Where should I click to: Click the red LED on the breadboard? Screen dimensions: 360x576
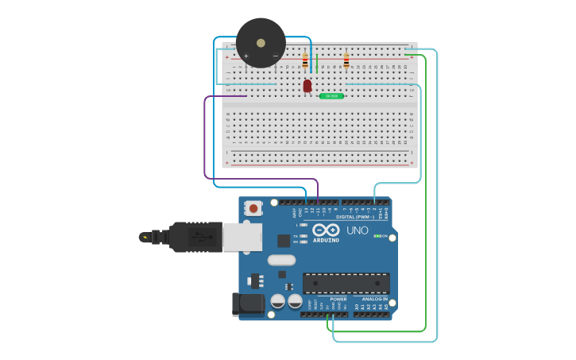point(307,85)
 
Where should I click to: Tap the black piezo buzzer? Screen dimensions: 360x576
point(261,42)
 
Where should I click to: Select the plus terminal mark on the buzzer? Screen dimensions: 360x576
point(246,56)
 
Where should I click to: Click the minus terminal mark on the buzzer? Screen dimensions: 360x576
point(275,56)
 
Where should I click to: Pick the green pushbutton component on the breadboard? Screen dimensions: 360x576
point(331,96)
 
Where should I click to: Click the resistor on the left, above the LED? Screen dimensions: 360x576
point(305,60)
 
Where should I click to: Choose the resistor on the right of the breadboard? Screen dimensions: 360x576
point(346,60)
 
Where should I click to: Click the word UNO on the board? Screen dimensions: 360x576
point(358,230)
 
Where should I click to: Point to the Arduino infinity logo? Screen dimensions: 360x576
point(326,230)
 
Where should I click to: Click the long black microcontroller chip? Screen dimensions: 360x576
point(346,283)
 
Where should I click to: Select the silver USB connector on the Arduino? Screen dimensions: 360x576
point(242,237)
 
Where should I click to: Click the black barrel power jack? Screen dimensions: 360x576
point(247,305)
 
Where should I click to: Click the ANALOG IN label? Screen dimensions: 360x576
point(375,299)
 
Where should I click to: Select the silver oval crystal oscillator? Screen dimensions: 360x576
point(281,260)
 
